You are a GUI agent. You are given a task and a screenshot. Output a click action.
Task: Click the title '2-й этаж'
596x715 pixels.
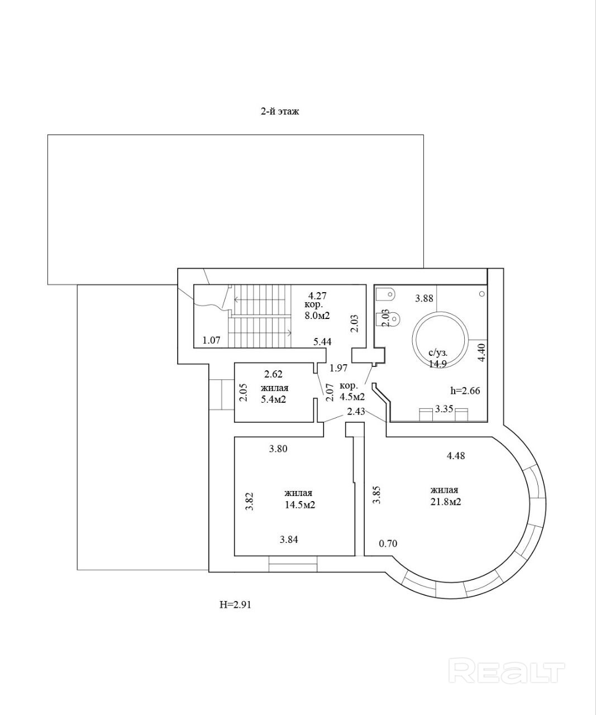280,111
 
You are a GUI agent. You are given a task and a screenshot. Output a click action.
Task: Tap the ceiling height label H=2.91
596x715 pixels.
235,604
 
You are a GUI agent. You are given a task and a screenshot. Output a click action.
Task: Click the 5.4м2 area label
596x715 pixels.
274,399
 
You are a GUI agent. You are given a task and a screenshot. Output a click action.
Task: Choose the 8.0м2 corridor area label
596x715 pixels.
317,316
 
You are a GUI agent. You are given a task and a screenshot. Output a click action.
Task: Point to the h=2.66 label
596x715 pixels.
465,390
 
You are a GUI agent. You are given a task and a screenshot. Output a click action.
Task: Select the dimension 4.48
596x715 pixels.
456,456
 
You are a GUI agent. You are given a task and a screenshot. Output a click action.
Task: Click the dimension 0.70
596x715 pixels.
388,543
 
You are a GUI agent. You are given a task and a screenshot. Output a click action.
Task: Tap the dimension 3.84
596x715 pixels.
288,539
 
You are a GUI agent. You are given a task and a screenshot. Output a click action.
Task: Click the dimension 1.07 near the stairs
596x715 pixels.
212,340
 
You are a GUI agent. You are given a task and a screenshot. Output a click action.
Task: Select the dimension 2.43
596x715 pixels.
356,412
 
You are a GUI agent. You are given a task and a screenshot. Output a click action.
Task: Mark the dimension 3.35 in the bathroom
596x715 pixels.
444,409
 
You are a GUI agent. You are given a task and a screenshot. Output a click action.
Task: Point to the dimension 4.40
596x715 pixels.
482,353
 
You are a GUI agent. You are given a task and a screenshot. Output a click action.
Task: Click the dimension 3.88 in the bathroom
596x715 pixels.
424,298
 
